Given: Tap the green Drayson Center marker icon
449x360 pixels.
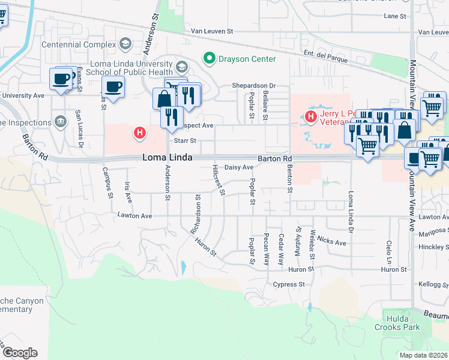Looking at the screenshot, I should [x=209, y=59].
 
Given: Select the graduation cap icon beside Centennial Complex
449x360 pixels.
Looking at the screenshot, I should [x=125, y=44].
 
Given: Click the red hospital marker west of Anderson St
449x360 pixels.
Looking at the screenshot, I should [x=140, y=133].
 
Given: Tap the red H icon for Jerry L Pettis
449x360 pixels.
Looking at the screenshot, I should [x=311, y=116].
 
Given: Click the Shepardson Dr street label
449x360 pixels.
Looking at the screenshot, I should [x=253, y=86].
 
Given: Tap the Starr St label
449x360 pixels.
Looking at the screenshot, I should [x=185, y=140].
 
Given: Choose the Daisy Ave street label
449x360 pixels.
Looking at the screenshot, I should [x=238, y=167].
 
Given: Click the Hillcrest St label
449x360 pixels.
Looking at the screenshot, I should [x=218, y=180].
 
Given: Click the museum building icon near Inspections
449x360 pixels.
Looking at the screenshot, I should [x=60, y=122].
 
